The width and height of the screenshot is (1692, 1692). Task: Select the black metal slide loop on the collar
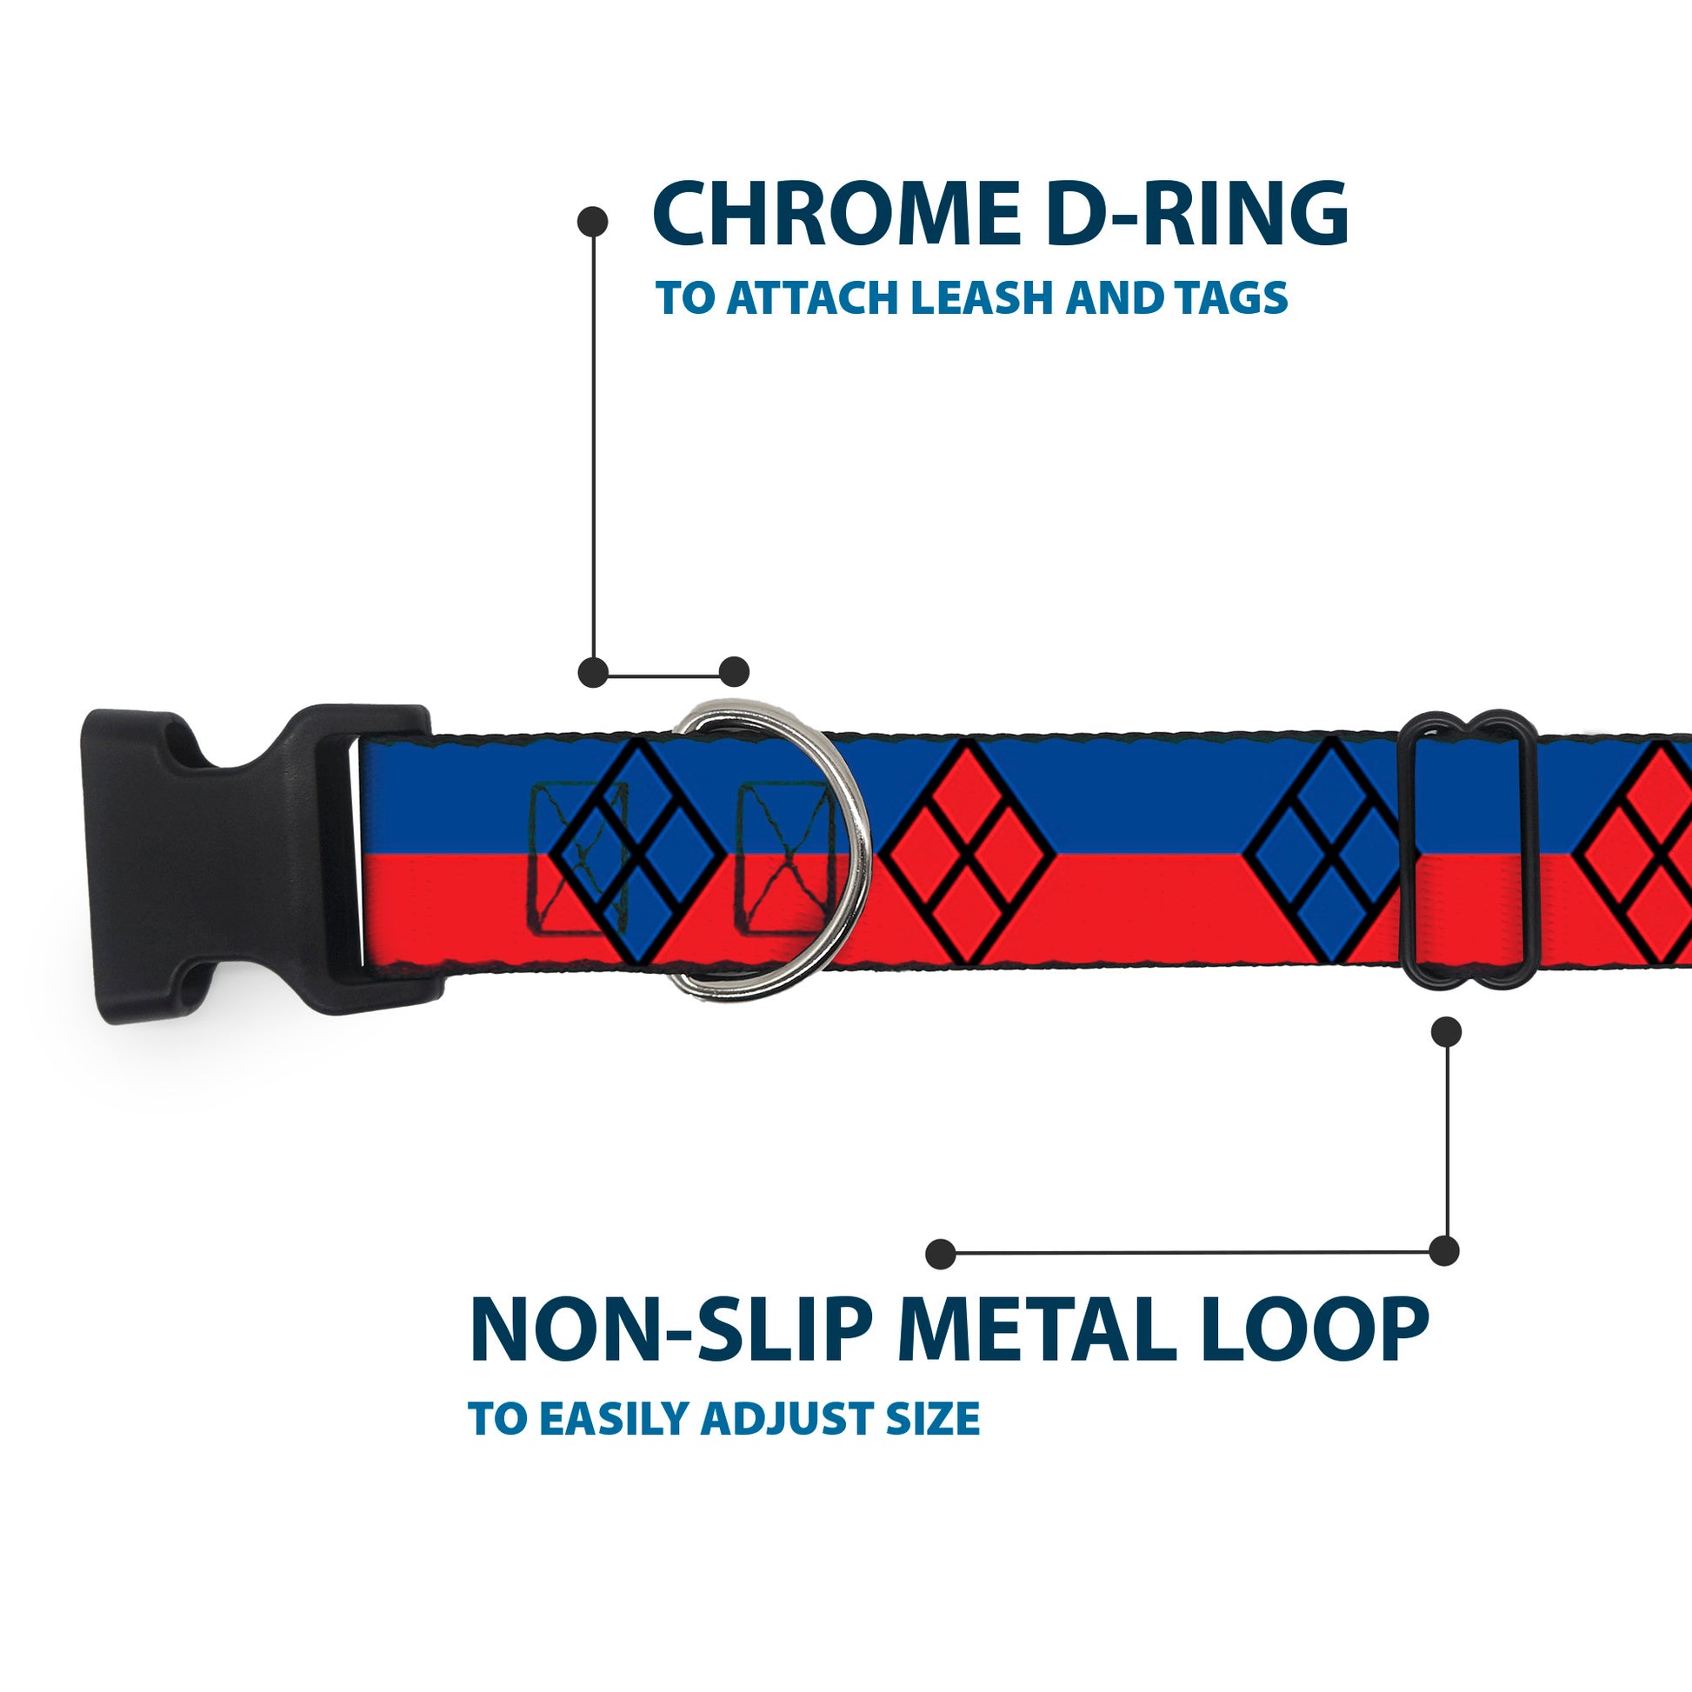click(1468, 851)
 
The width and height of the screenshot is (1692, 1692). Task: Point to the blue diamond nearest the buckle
click(640, 851)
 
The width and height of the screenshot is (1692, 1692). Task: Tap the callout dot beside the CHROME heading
click(593, 222)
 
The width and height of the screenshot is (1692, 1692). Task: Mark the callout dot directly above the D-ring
click(734, 673)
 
